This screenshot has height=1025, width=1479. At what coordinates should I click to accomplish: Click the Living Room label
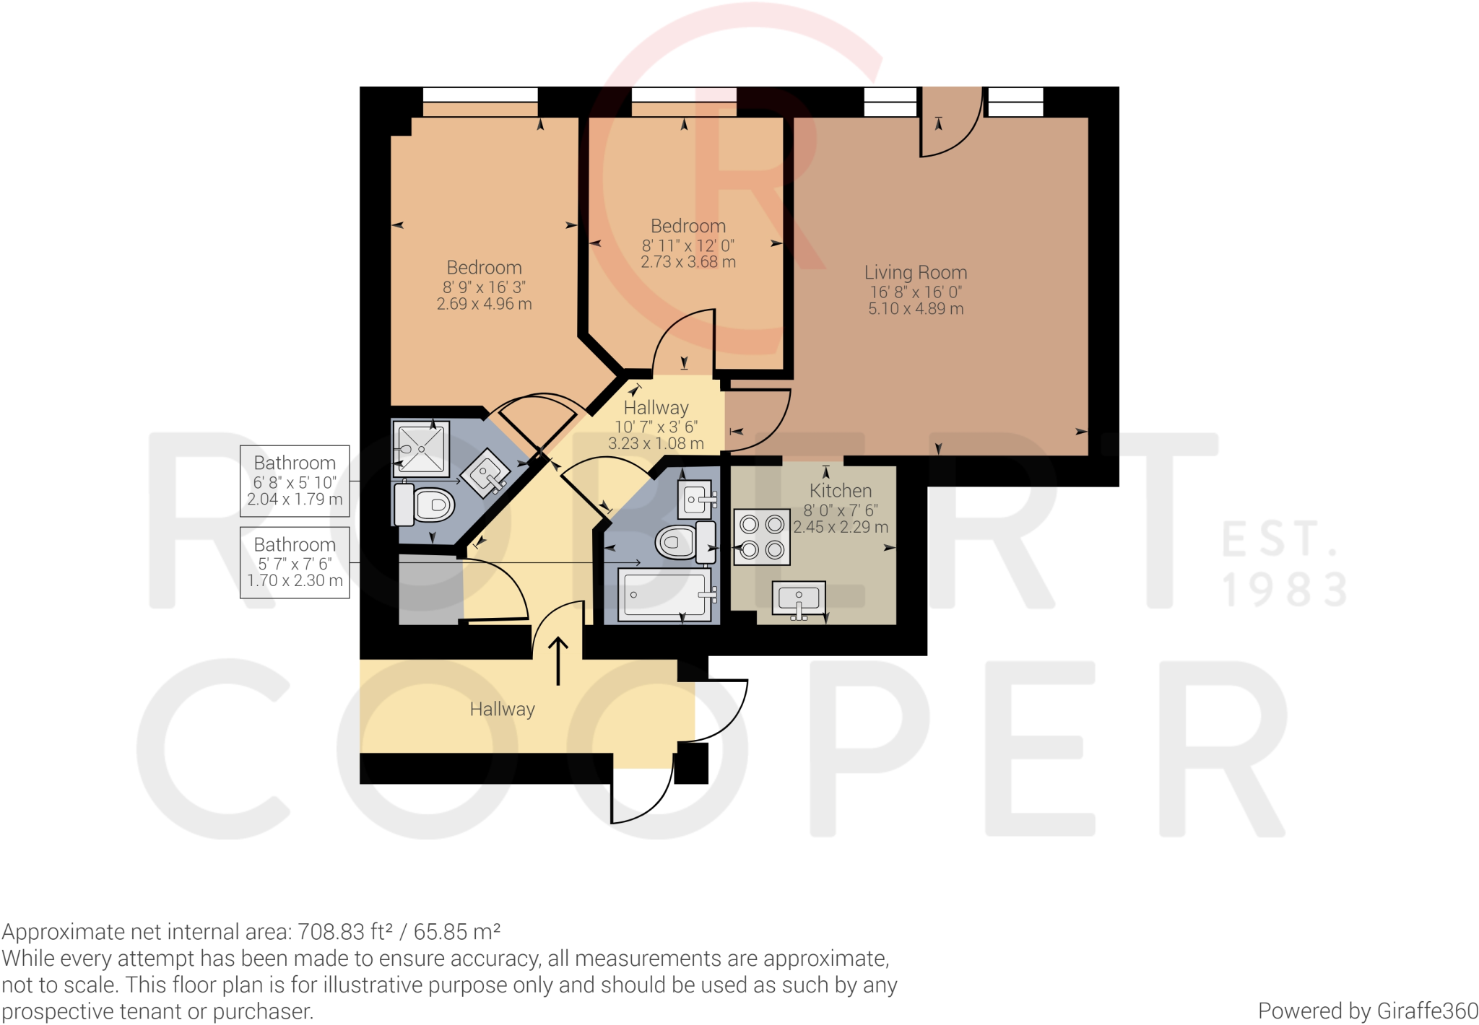tap(916, 273)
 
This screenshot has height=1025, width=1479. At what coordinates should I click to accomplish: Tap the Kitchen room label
tap(841, 491)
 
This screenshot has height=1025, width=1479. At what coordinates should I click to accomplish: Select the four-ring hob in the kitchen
tap(762, 537)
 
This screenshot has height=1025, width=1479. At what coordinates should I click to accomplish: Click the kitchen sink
tap(799, 599)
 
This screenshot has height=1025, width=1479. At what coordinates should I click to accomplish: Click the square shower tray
tap(421, 448)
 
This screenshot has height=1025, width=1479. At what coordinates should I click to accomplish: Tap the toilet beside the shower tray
tap(425, 504)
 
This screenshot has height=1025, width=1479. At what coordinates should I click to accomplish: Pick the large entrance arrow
tap(558, 660)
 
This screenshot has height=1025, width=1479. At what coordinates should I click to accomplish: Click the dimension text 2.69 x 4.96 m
tap(484, 305)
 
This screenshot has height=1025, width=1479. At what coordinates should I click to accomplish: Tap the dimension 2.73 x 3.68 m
tap(688, 262)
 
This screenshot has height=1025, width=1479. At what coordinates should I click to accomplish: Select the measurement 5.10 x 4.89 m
tap(916, 309)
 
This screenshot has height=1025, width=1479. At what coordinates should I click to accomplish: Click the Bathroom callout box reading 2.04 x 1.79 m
tap(295, 481)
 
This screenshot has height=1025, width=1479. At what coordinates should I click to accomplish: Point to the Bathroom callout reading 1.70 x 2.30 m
tap(295, 562)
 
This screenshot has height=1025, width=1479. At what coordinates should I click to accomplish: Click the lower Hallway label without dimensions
tap(503, 710)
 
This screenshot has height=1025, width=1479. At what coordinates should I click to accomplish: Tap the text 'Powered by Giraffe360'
tap(1368, 1011)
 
